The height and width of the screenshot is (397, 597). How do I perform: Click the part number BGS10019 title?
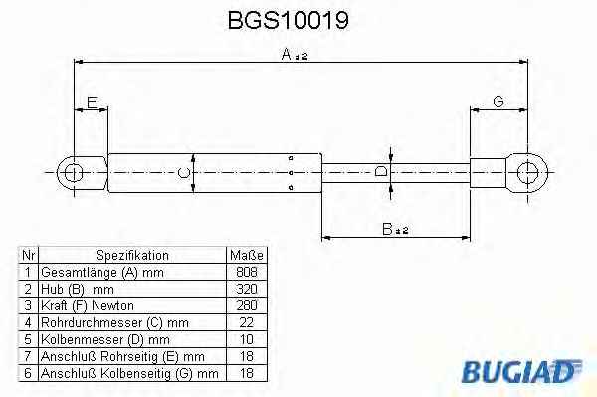click(288, 20)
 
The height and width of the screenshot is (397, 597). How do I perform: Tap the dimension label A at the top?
click(286, 54)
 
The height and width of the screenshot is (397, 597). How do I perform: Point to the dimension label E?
click(92, 102)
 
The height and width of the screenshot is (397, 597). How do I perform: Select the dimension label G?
click(498, 101)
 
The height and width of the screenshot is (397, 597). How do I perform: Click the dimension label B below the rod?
click(387, 229)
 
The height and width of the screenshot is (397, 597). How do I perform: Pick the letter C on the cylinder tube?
click(184, 173)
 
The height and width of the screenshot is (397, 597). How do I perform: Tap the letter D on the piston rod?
click(381, 171)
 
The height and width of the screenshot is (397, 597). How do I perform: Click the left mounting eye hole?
click(73, 173)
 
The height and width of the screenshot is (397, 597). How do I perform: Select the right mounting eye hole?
click(527, 173)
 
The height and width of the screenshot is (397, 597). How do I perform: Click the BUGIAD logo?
click(521, 371)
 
